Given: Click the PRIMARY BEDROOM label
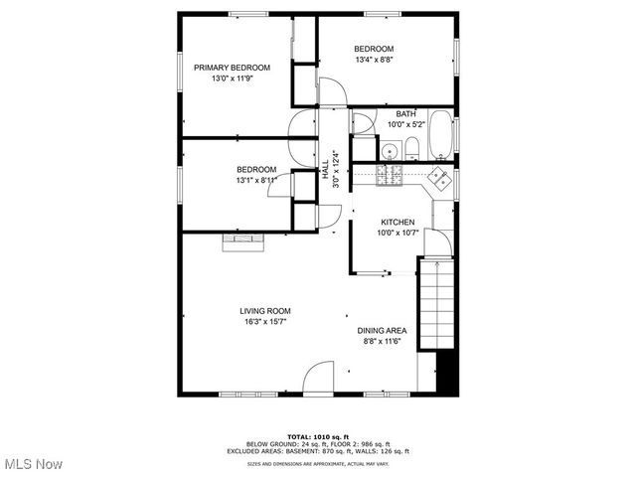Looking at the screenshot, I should pos(232,68).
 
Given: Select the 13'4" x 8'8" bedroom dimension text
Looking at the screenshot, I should pos(374,60).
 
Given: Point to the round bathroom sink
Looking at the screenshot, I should pos(389,151).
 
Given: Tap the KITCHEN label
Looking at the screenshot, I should pos(397,223).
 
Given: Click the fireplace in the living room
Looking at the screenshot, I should pos(243,241).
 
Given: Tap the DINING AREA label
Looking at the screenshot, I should pos(383,331).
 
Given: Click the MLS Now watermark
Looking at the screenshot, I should pos(32,464).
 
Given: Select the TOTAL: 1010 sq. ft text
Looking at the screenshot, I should pos(318,436).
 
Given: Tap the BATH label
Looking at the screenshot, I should pos(405,113).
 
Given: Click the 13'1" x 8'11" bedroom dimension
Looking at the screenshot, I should pos(255,180).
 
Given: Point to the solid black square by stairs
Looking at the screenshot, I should pos(448,373).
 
